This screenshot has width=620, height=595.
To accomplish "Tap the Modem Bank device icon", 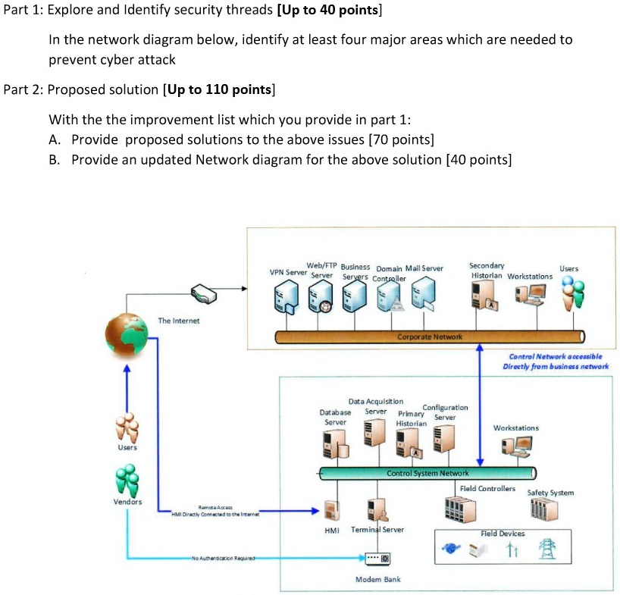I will pos(377,559).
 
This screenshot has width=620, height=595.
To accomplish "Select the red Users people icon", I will pos(127,428).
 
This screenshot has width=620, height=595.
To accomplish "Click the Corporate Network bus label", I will pos(430,336).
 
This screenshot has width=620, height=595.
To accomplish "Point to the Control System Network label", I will pos(427,473).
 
